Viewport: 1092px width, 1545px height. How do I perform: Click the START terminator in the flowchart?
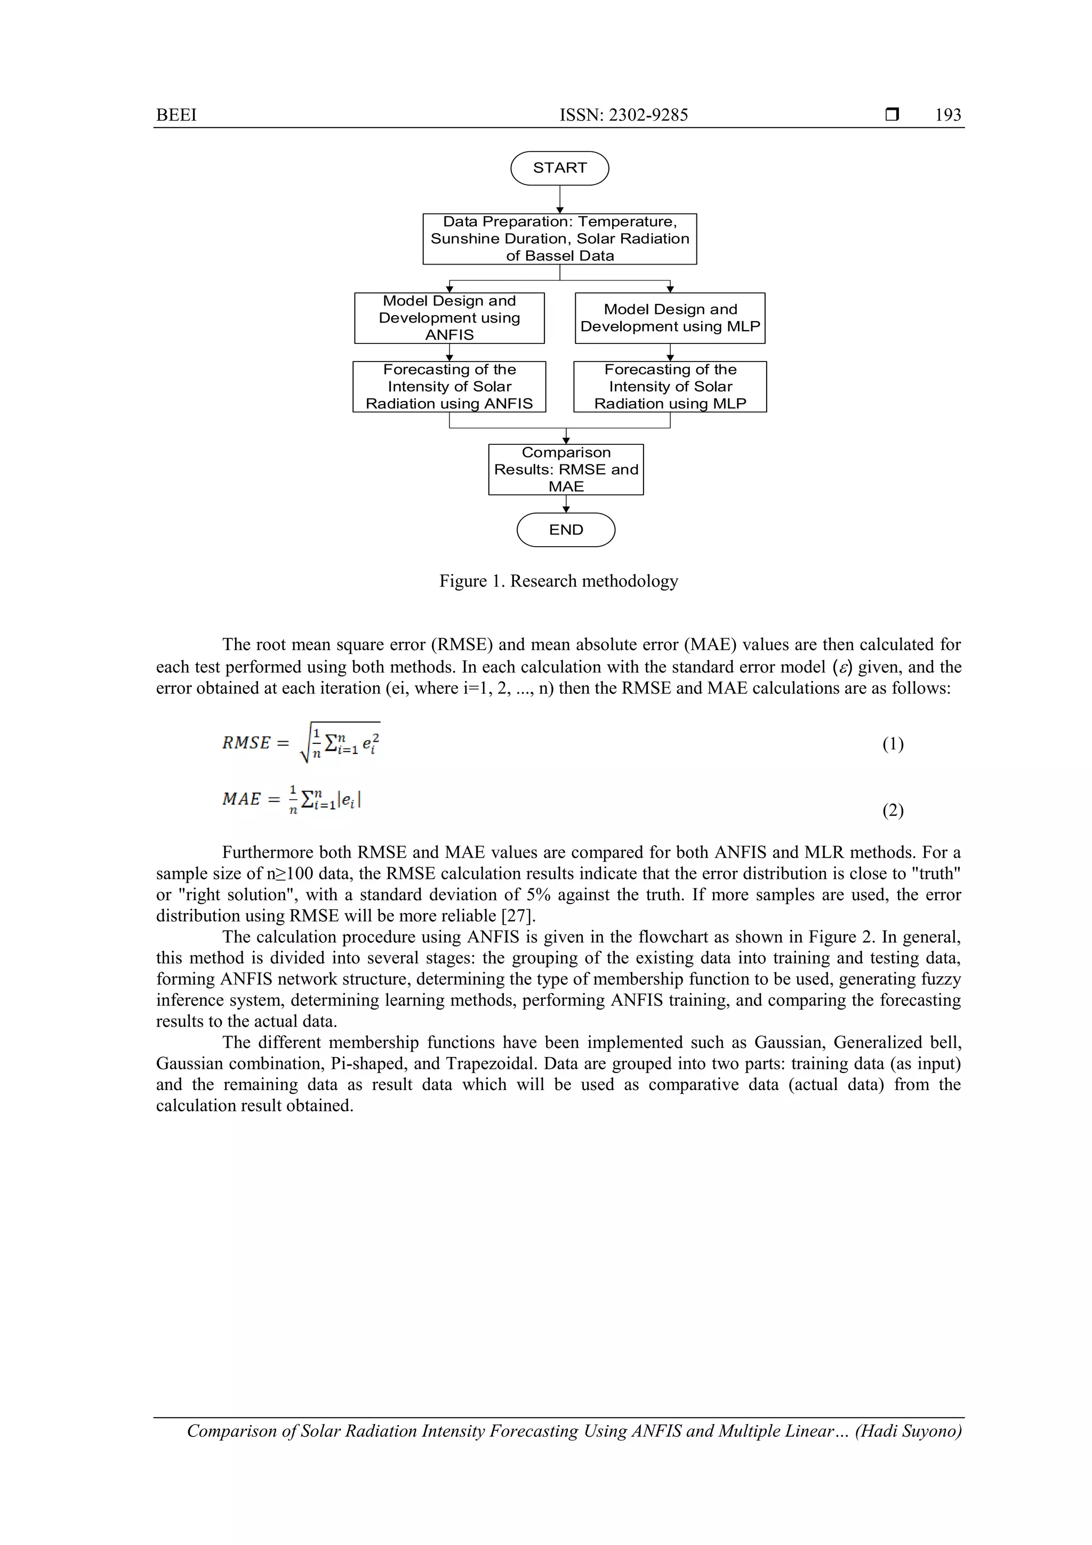[x=559, y=167]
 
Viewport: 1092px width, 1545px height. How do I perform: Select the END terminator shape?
[x=565, y=530]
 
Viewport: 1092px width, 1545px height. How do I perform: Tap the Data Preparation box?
[x=559, y=239]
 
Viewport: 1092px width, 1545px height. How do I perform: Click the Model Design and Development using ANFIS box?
[x=449, y=318]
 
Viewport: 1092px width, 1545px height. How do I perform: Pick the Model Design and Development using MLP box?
[x=670, y=318]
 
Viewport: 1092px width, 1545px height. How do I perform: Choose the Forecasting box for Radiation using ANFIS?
[x=449, y=386]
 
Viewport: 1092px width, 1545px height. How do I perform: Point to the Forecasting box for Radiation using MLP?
[x=670, y=386]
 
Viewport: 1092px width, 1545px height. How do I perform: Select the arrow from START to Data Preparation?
[x=559, y=199]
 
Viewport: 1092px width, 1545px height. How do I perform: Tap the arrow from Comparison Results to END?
[x=565, y=504]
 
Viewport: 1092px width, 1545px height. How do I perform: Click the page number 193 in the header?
[x=948, y=115]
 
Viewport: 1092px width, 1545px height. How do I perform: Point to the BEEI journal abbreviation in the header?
[x=176, y=115]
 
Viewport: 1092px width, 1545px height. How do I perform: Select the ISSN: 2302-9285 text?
[x=624, y=115]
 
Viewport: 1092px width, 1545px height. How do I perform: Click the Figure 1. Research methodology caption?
[x=558, y=581]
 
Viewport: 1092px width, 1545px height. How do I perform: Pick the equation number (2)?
[x=892, y=810]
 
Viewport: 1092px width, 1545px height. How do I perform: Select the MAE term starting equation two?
[x=241, y=799]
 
